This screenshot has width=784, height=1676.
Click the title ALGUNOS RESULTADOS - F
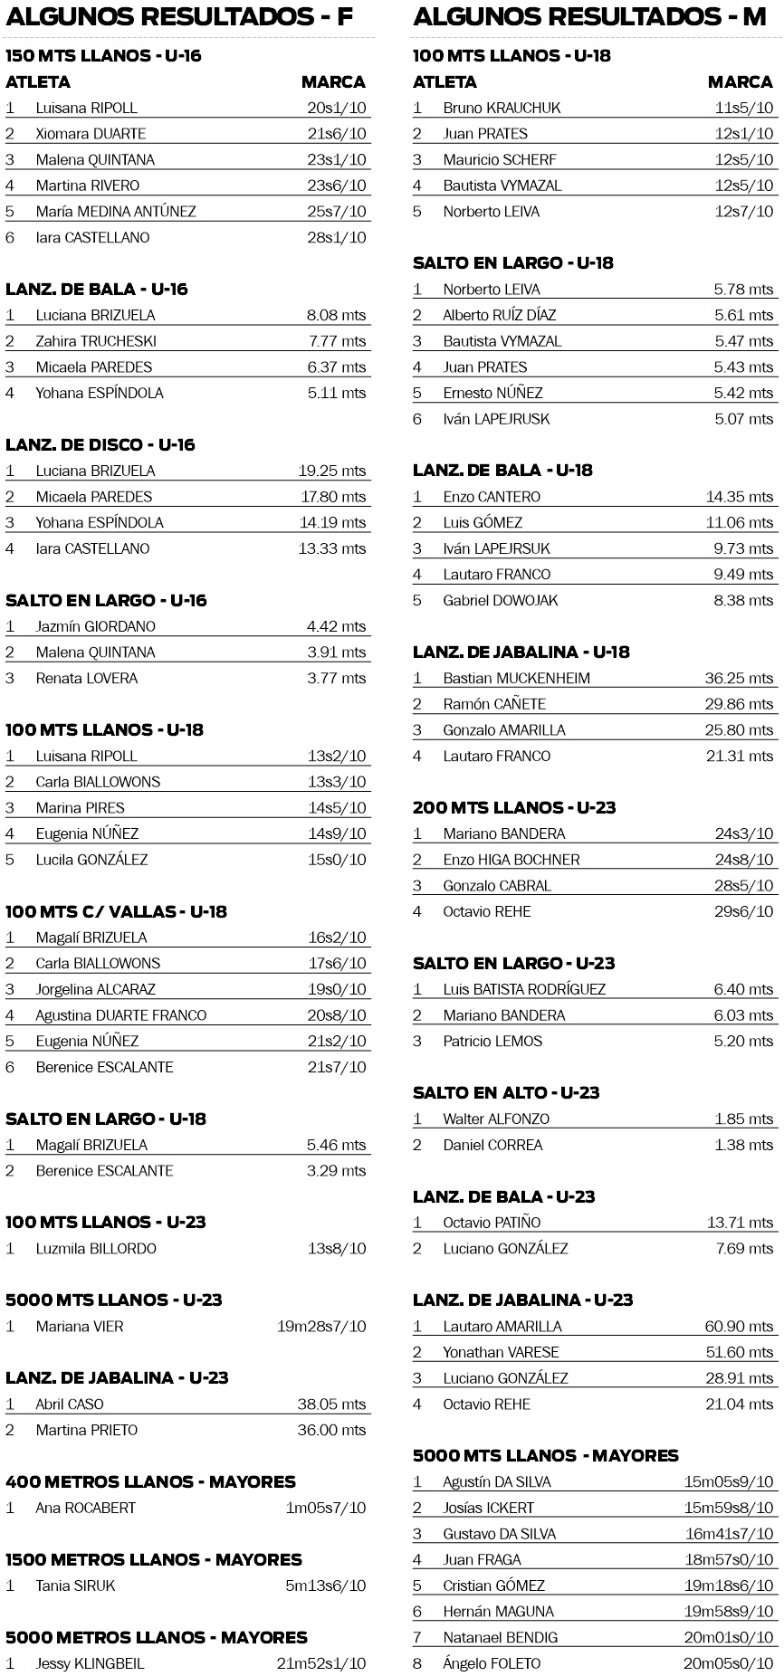[185, 16]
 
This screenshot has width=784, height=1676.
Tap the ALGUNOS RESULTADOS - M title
[592, 16]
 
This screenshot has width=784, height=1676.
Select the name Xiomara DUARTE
[91, 133]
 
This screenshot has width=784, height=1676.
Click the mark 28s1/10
[337, 237]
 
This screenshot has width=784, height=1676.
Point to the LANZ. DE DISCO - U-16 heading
[100, 444]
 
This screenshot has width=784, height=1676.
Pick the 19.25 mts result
[332, 471]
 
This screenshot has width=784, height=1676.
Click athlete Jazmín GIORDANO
[95, 626]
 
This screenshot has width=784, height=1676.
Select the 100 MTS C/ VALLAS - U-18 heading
[116, 911]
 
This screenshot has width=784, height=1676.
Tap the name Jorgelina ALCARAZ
[95, 989]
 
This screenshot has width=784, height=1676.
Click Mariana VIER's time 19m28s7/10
[321, 1327]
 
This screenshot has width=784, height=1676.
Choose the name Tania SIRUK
[75, 1586]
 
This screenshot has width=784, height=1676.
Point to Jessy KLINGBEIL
[90, 1663]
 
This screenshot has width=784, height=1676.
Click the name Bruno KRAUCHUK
[502, 108]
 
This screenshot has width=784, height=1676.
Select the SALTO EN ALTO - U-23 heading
[506, 1092]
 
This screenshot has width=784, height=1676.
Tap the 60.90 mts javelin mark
[740, 1327]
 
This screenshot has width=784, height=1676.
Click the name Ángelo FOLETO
[492, 1663]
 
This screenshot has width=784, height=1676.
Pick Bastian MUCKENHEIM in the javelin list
[516, 678]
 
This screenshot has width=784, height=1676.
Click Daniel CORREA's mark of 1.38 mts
[744, 1145]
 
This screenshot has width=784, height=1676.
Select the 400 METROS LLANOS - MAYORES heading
[150, 1481]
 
